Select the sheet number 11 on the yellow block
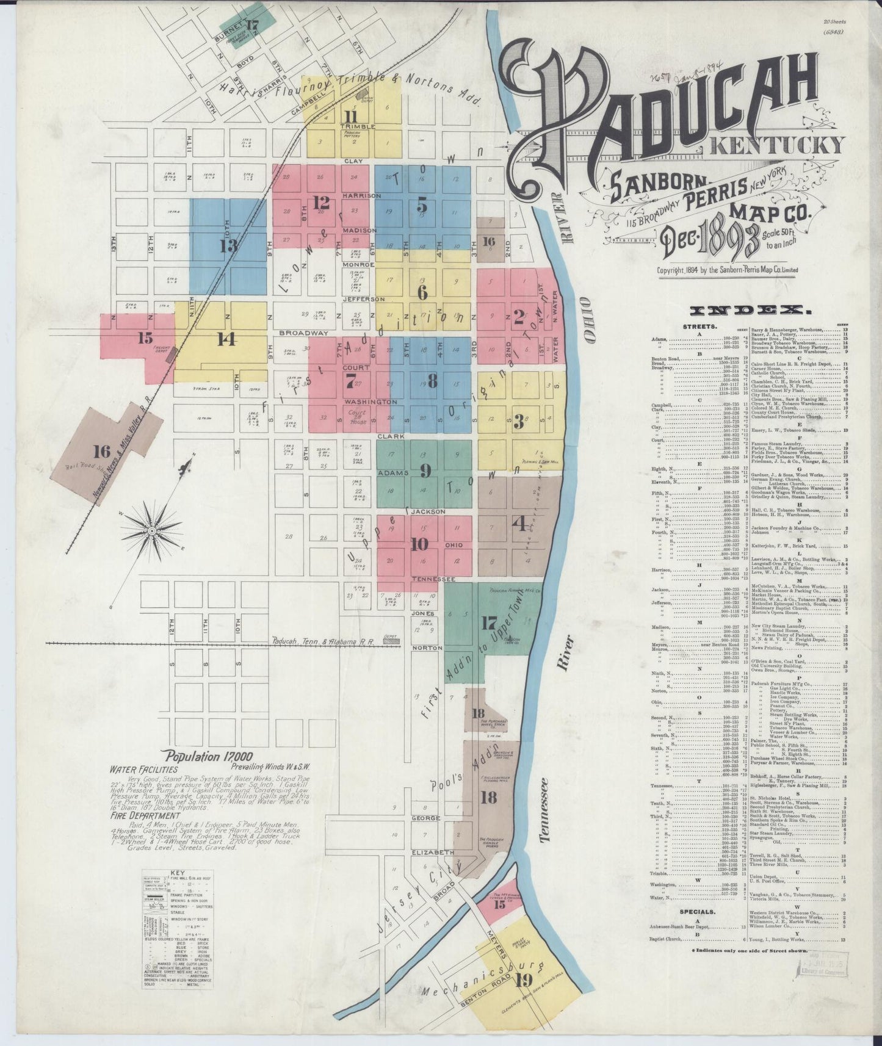tap(351, 116)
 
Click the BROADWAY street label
tap(304, 333)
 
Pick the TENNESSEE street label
tap(433, 578)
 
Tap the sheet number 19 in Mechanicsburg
tap(523, 981)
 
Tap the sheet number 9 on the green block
tap(425, 470)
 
